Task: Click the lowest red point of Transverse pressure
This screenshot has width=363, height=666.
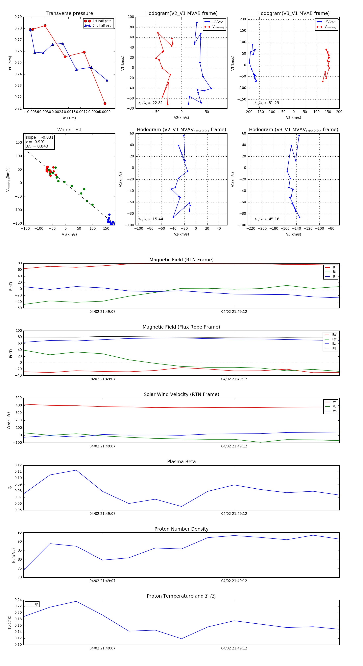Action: [x=105, y=104]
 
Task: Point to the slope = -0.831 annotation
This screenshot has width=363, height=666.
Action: [x=40, y=137]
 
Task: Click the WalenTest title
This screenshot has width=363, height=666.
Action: [x=69, y=130]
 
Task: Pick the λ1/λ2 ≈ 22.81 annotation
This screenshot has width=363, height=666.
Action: [x=151, y=103]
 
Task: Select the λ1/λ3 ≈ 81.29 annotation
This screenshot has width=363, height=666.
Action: [x=267, y=103]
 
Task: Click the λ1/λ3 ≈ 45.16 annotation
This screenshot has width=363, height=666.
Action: [x=267, y=219]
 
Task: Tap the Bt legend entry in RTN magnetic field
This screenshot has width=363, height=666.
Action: [x=334, y=272]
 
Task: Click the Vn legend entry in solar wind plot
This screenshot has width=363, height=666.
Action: [x=334, y=411]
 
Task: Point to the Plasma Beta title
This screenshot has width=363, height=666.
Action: [x=181, y=462]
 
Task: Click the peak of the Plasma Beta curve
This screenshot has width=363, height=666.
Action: [x=76, y=470]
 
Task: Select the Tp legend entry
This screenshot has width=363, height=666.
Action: [x=36, y=604]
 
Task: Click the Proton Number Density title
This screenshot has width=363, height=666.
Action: [x=181, y=529]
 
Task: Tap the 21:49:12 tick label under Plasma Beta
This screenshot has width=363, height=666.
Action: [x=234, y=514]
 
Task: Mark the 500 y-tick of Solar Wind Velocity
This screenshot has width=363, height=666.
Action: [x=19, y=398]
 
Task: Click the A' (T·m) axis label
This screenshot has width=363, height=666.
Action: [x=69, y=118]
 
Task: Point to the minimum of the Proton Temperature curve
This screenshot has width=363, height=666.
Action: [x=181, y=639]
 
